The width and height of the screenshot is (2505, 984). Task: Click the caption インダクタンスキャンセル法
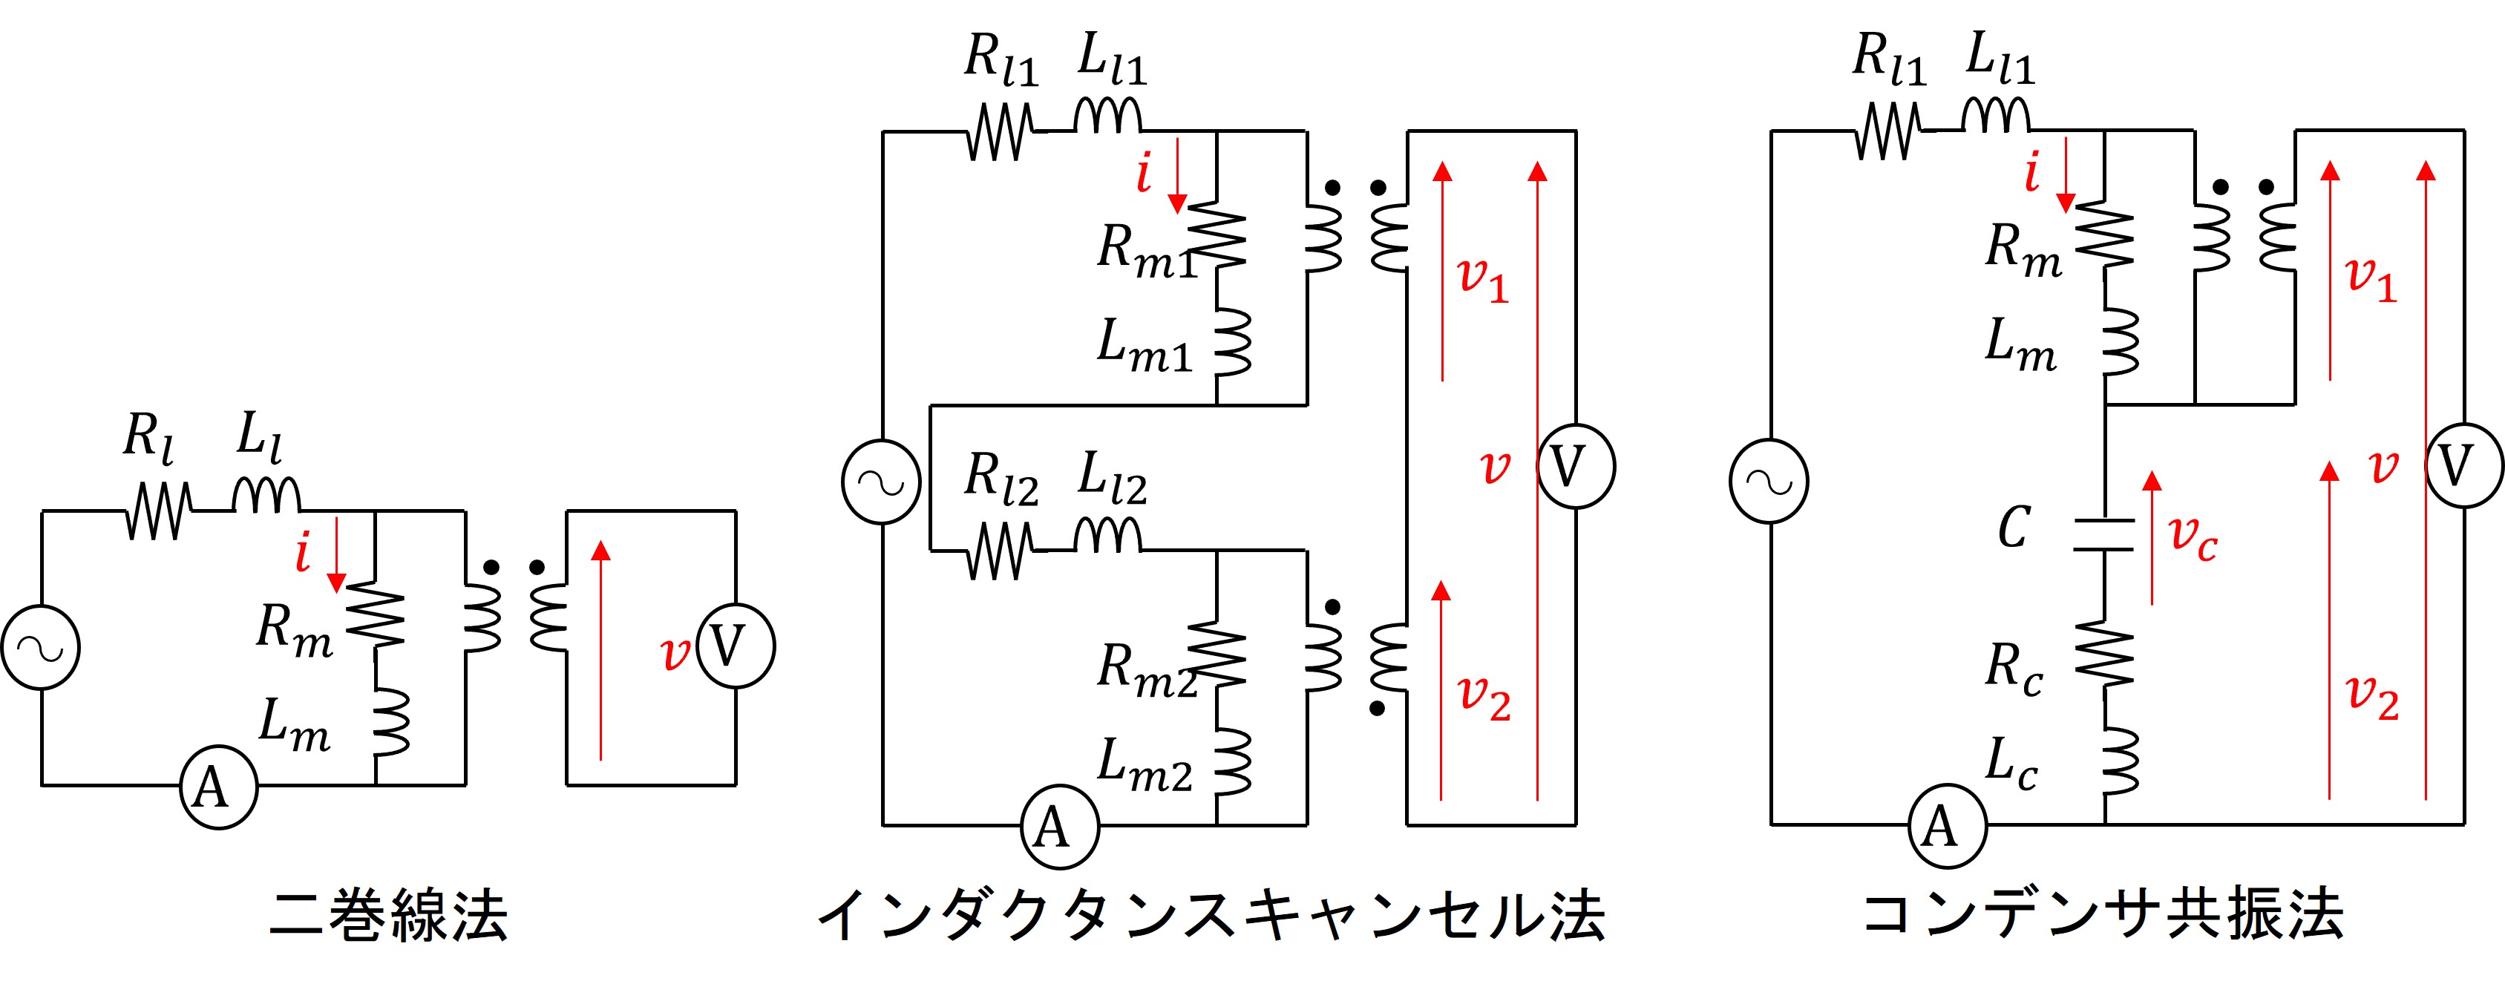(x=1210, y=916)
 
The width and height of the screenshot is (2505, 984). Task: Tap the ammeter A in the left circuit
(x=219, y=787)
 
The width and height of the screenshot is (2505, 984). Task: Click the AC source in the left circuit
(x=41, y=648)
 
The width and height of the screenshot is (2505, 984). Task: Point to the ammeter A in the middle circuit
(x=1059, y=827)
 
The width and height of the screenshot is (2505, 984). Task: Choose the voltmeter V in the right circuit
(x=2464, y=466)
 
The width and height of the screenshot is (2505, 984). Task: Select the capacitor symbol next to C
(x=2104, y=535)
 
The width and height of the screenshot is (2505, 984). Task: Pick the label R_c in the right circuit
(x=2013, y=669)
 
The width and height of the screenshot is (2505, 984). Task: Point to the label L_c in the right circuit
(x=2011, y=764)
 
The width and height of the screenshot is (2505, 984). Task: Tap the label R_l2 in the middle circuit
(x=1001, y=479)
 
